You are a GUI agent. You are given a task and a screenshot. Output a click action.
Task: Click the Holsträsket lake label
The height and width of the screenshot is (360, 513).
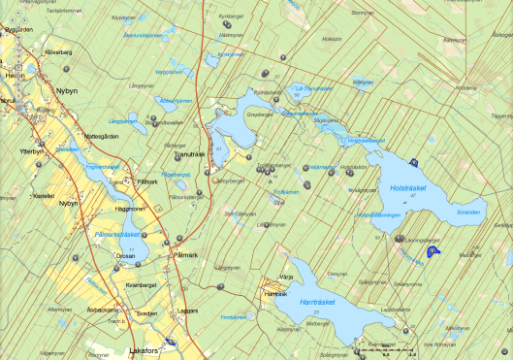[x=408, y=178]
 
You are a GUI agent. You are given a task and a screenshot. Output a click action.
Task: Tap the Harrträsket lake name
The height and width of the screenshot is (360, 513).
[x=317, y=303]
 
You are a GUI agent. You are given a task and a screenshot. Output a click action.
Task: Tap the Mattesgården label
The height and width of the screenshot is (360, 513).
[x=103, y=135]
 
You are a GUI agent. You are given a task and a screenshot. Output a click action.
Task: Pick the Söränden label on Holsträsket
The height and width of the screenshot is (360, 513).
[x=468, y=210]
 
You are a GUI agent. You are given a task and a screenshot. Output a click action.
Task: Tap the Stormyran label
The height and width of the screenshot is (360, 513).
[x=362, y=13]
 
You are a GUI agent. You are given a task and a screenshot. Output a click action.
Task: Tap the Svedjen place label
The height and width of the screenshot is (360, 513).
[x=145, y=314]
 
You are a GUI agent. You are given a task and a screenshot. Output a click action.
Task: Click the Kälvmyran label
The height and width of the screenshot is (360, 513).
[x=364, y=82]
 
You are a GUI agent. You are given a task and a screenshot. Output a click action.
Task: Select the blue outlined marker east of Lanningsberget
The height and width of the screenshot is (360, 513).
[x=433, y=251]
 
